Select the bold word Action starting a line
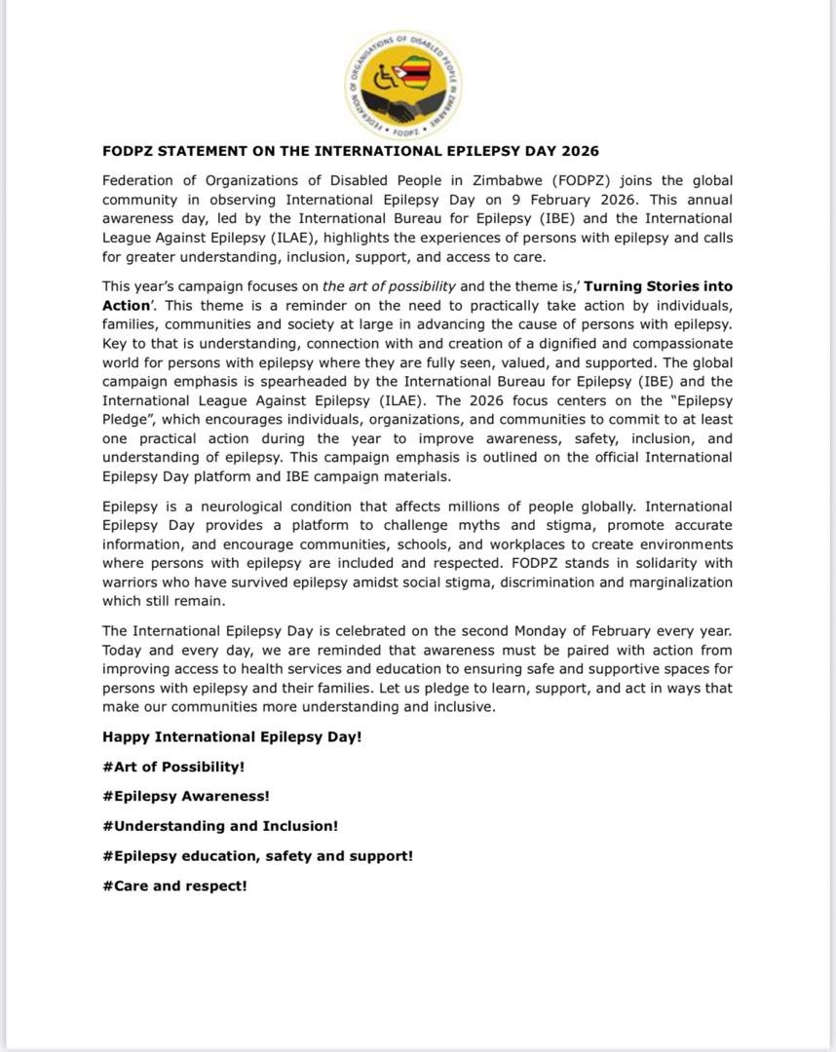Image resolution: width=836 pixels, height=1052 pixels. [124, 305]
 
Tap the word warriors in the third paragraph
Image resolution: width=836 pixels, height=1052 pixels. [133, 582]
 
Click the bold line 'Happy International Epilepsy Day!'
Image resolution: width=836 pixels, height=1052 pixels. [232, 737]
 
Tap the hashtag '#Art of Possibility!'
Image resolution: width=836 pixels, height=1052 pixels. [173, 767]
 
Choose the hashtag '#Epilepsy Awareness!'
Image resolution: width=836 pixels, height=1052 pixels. [186, 796]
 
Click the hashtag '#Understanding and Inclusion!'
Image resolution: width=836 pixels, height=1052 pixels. [220, 826]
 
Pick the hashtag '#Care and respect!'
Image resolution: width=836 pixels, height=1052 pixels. [174, 886]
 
